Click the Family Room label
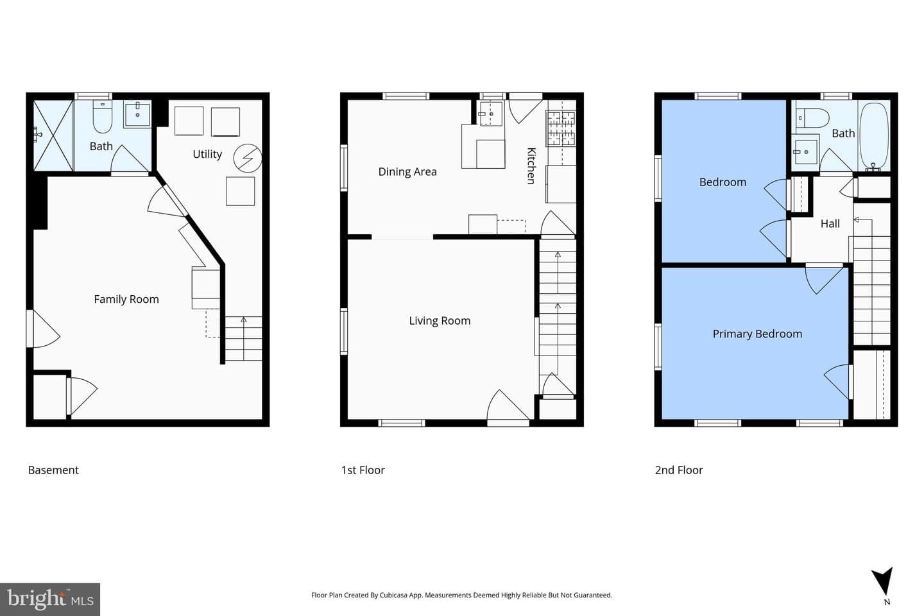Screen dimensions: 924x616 (126, 299)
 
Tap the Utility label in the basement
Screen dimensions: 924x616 (207, 154)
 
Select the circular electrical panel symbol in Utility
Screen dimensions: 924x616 (248, 158)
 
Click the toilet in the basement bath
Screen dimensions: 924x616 (102, 117)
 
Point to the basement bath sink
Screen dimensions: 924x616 (137, 114)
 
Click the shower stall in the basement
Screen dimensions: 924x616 (53, 135)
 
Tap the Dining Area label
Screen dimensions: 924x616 (407, 171)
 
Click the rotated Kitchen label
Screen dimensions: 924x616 (532, 166)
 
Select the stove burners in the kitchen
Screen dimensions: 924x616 (561, 128)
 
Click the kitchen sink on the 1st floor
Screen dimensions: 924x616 (490, 114)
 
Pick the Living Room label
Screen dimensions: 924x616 (440, 321)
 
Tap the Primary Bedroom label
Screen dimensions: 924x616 (757, 334)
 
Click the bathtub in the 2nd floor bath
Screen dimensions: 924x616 (874, 136)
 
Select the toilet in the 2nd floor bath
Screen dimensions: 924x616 (812, 119)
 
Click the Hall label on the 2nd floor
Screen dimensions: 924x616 (830, 224)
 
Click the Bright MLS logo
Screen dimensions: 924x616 (50, 599)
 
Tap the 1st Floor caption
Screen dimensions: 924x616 (363, 470)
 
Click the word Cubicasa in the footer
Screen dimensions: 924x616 (396, 595)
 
